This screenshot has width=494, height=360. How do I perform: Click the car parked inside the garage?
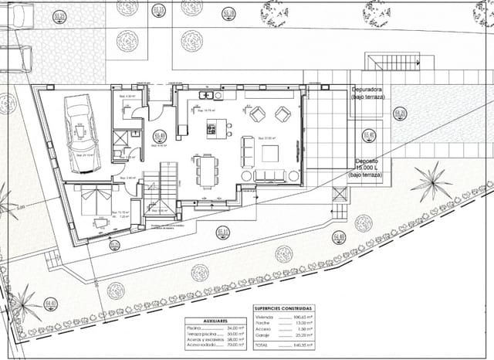click(80, 124)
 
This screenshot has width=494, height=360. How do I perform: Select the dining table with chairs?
click(206, 171)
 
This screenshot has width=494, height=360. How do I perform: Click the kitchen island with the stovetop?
click(211, 128)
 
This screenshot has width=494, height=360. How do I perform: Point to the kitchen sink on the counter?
click(207, 96)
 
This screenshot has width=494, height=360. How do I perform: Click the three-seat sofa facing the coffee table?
click(247, 151)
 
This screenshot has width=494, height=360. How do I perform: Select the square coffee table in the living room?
click(270, 153)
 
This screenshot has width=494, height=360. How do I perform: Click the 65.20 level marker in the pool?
click(400, 114)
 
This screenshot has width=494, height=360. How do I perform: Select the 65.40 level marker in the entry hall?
click(161, 136)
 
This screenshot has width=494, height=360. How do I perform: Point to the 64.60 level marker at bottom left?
click(51, 303)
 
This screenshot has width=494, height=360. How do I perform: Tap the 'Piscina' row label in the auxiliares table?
click(194, 328)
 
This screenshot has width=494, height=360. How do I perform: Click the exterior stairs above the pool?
click(391, 63)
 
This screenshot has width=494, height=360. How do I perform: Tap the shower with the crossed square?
click(121, 140)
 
